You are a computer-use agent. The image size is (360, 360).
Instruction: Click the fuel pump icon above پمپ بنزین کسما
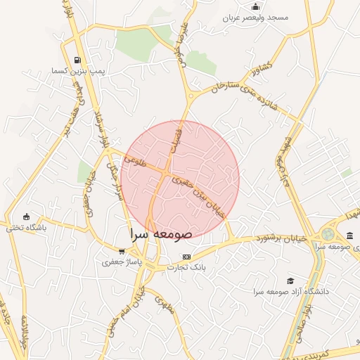tap(77, 60)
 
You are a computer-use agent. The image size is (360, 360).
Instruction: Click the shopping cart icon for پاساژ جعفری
tap(122, 251)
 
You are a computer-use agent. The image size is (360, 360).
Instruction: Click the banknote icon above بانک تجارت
tap(186, 257)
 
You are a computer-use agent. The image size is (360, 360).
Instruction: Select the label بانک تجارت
tap(186, 267)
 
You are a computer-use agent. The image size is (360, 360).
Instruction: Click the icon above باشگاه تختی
tap(27, 216)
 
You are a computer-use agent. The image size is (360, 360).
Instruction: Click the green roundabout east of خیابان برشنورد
tap(328, 233)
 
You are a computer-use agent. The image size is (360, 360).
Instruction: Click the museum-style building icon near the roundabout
tap(349, 236)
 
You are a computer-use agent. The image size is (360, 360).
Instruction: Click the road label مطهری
tap(164, 307)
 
